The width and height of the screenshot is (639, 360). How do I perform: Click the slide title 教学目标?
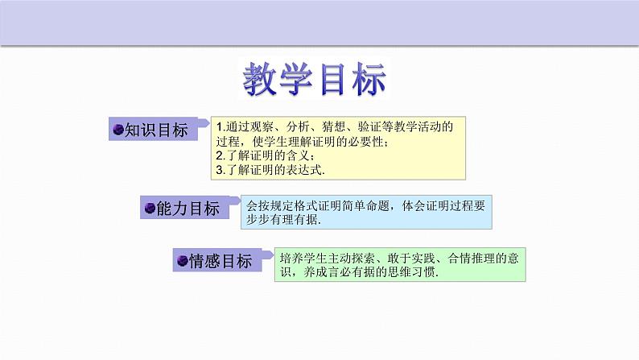coord(315,80)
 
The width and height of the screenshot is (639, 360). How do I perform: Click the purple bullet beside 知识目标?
coord(117,130)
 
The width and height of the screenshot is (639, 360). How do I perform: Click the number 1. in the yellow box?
coord(223,126)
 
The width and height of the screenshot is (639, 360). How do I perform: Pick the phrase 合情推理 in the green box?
coord(470,258)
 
